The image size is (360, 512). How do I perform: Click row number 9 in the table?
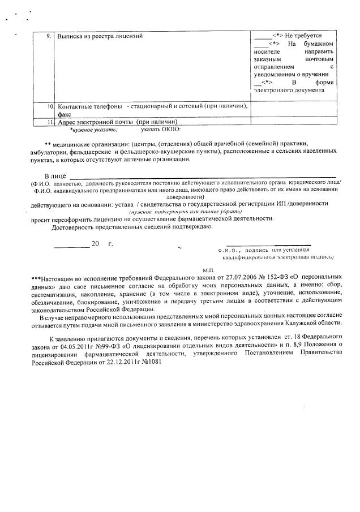click(49, 36)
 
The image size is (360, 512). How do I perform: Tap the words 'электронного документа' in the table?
click(289, 90)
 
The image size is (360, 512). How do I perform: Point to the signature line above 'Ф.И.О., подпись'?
click(281, 245)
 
